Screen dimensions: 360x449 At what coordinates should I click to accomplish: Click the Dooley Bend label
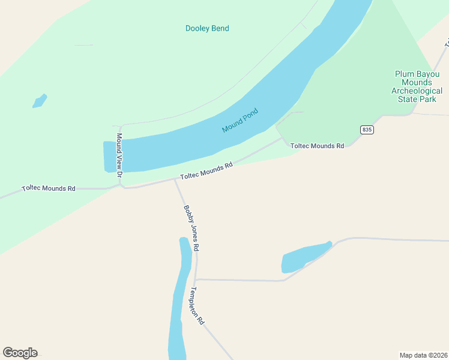tap(207, 28)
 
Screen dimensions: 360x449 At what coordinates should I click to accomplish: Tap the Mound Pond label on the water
tap(240, 121)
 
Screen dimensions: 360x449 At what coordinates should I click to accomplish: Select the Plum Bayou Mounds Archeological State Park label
tap(417, 86)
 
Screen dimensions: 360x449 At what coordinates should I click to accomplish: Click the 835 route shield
tap(367, 130)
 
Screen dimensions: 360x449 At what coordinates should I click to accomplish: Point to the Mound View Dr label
tap(119, 155)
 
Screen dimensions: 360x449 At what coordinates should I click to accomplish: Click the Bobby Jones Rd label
tap(191, 228)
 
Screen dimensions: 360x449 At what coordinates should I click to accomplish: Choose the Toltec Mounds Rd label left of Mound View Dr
tap(49, 188)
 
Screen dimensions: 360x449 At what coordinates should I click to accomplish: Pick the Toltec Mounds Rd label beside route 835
tap(317, 146)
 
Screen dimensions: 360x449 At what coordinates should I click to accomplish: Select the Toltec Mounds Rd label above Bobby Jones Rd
tap(206, 171)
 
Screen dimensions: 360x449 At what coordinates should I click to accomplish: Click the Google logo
tap(20, 353)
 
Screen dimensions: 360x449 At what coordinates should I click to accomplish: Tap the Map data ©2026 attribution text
tap(423, 355)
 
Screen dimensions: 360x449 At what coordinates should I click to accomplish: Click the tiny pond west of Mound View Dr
tap(40, 101)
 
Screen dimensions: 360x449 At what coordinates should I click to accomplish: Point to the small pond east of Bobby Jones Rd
tap(303, 258)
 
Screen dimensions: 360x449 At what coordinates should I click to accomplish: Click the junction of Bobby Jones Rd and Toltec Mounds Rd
tap(175, 179)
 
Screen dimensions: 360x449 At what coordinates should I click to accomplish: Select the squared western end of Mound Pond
tap(109, 157)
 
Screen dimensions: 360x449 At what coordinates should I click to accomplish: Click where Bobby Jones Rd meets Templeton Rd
tap(196, 280)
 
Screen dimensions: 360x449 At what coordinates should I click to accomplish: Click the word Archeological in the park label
tap(417, 91)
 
